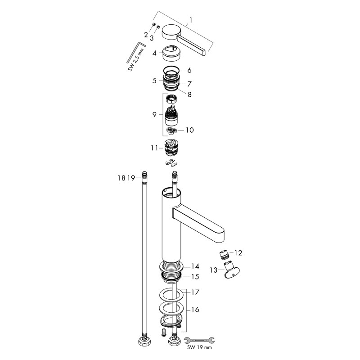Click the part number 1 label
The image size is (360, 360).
(190, 20)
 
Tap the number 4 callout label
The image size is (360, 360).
(154, 53)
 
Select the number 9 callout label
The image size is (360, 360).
(154, 114)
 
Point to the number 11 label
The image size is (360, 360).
(154, 148)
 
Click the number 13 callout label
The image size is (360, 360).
(213, 270)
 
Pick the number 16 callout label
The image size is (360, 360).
(195, 310)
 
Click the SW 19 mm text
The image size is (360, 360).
(199, 347)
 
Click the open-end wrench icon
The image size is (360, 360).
(199, 341)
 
